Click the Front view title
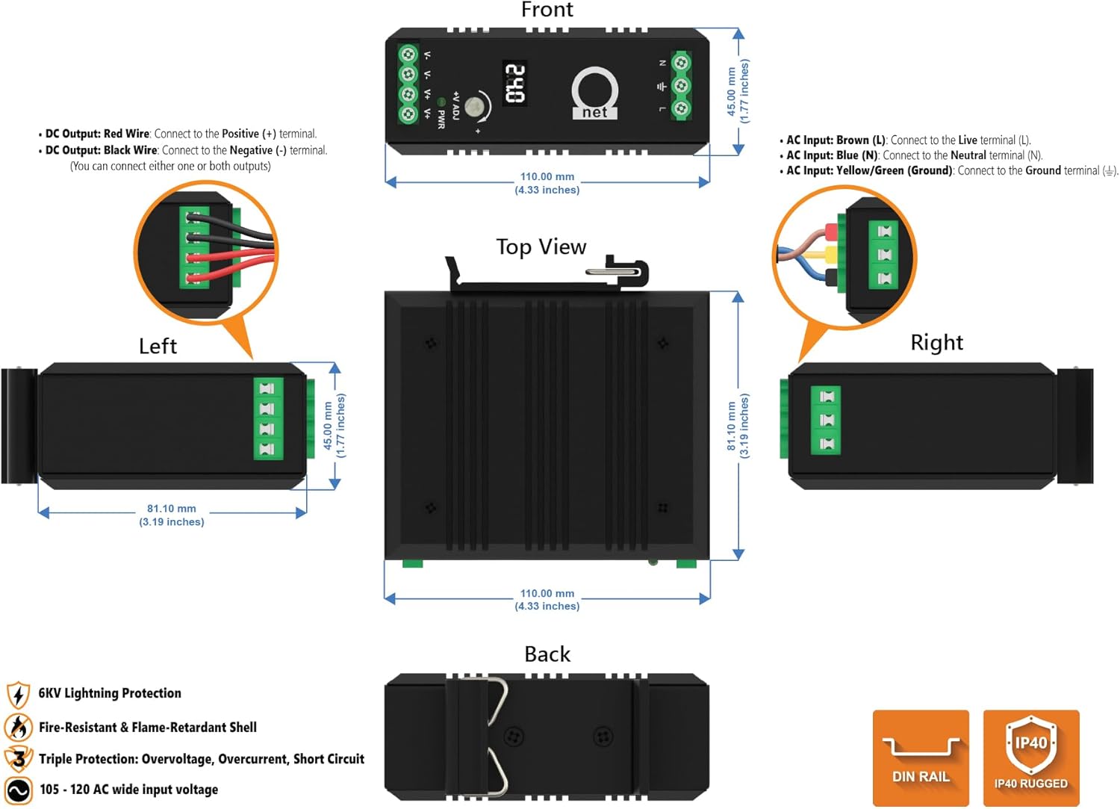547,10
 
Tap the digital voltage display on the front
514,83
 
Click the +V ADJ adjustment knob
474,107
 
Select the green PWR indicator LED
441,102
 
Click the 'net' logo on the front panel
594,95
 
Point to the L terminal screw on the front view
680,109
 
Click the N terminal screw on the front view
680,63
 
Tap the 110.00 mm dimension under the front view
547,177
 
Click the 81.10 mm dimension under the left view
171,509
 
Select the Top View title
541,247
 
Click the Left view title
158,346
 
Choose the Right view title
936,342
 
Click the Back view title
547,654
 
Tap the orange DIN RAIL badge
921,757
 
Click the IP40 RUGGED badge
1030,757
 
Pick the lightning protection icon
18,695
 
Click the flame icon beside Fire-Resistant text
18,727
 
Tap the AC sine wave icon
18,790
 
